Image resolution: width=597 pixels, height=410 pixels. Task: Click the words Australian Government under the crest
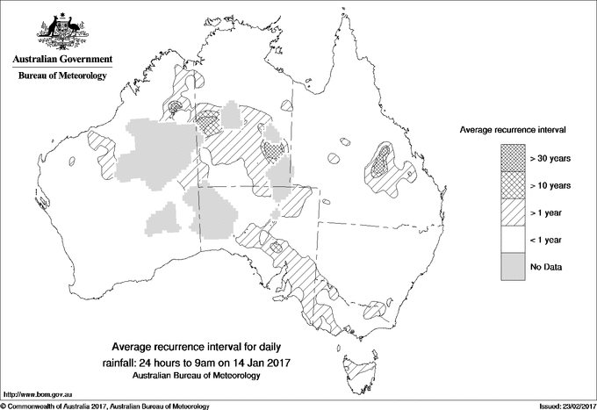(x=61, y=60)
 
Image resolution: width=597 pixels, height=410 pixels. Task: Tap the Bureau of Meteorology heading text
(x=61, y=76)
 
